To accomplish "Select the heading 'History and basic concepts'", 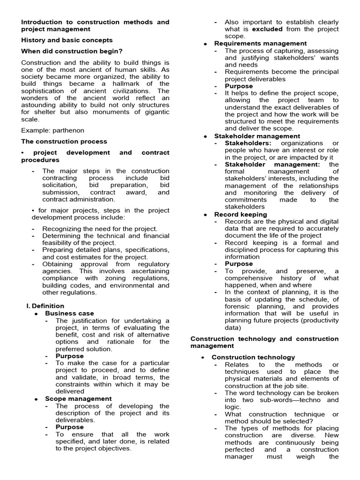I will pyautogui.click(x=67, y=40).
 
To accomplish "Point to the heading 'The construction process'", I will pyautogui.click(x=64, y=141).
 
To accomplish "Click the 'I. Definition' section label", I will pyautogui.click(x=45, y=306).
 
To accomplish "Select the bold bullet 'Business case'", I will pyautogui.click(x=69, y=313).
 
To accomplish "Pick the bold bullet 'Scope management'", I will pyautogui.click(x=78, y=399).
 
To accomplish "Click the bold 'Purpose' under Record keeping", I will pyautogui.click(x=239, y=264).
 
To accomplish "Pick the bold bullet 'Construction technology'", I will pyautogui.click(x=254, y=357).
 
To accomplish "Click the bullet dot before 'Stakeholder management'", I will pyautogui.click(x=206, y=136).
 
